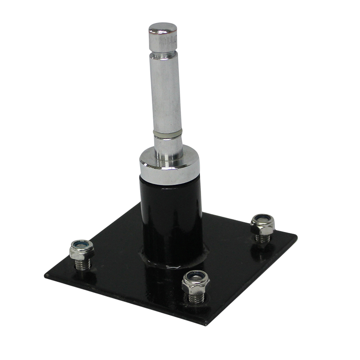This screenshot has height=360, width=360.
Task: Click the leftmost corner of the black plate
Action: [x=46, y=274]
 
